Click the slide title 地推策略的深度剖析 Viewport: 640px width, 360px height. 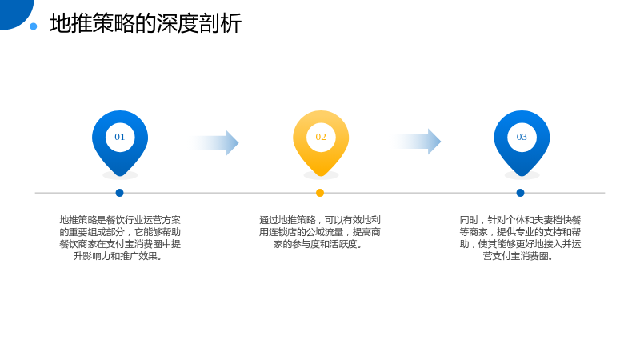(146, 23)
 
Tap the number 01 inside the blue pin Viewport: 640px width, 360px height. (119, 137)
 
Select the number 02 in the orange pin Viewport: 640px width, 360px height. (321, 137)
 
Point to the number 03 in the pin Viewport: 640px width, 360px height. (522, 137)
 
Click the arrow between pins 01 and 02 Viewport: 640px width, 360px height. (214, 143)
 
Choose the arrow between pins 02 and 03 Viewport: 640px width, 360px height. (416, 142)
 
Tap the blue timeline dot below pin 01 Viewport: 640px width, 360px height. (119, 193)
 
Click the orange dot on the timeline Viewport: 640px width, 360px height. (320, 193)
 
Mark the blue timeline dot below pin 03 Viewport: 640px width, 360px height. (521, 193)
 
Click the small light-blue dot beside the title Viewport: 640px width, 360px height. (34, 26)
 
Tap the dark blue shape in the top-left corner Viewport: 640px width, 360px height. (14, 12)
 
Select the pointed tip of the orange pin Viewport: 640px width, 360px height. (321, 176)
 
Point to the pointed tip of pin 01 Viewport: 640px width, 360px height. (120, 176)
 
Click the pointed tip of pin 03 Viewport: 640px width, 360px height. (522, 176)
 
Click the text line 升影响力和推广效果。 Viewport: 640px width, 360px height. (118, 256)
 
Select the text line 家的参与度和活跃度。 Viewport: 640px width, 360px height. (318, 244)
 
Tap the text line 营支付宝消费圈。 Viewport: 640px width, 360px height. (518, 256)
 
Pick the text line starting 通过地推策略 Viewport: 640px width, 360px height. (320, 220)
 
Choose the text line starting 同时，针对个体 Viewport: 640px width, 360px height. (520, 220)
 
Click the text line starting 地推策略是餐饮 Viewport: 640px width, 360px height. (120, 220)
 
